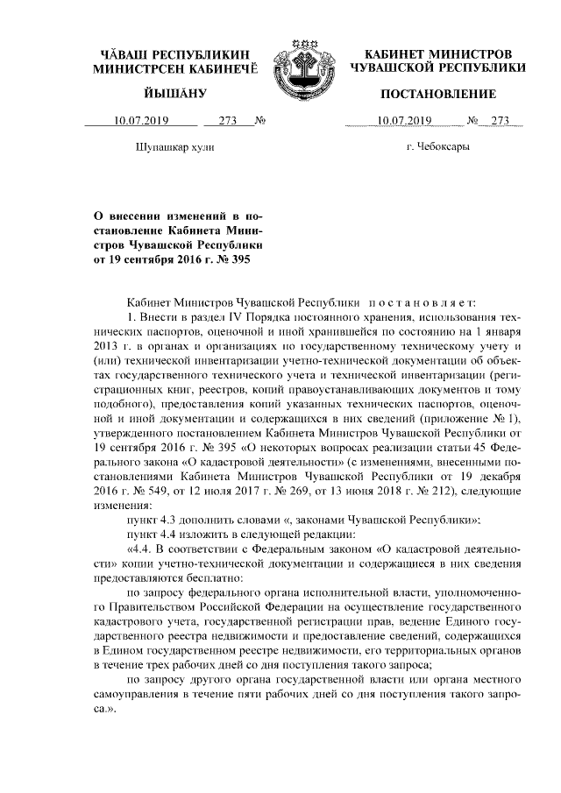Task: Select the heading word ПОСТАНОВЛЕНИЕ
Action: click(x=438, y=94)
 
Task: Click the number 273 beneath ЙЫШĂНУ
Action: click(x=228, y=121)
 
